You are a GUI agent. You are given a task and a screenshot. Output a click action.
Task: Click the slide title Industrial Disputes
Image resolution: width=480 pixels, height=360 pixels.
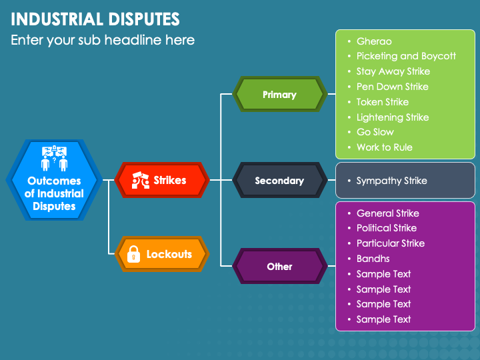click(x=95, y=19)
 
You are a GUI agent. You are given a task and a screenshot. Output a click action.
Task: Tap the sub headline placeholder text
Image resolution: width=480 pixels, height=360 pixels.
click(x=103, y=40)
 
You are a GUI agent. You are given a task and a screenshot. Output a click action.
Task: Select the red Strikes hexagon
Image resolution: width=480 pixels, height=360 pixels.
click(x=162, y=180)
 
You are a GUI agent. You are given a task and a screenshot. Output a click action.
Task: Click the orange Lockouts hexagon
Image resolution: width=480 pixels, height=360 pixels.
click(x=162, y=254)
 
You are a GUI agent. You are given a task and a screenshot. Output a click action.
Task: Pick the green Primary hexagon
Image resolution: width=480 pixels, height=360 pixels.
click(x=280, y=94)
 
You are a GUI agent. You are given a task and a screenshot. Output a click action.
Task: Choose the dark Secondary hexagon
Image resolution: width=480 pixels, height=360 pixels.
click(x=280, y=180)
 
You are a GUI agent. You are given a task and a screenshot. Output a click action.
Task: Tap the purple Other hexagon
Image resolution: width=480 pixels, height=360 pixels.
click(x=280, y=266)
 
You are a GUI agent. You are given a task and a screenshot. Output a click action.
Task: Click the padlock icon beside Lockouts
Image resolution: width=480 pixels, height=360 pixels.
click(x=133, y=254)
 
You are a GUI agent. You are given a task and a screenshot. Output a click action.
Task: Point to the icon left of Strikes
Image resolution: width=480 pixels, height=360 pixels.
click(x=140, y=180)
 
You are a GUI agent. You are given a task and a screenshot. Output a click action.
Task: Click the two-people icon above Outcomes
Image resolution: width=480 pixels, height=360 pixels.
click(x=54, y=158)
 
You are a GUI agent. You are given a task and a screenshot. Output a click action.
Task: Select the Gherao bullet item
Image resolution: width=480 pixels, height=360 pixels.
click(x=374, y=41)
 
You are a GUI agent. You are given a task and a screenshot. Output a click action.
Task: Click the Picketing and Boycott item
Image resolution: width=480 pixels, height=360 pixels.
click(x=406, y=56)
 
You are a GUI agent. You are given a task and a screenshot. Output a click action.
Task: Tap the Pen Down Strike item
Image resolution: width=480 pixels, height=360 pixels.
click(x=393, y=87)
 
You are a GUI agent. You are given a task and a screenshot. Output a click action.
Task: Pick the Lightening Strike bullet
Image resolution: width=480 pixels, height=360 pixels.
click(x=393, y=117)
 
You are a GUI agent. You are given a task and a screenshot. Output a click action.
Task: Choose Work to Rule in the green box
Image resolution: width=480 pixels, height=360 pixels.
click(x=385, y=147)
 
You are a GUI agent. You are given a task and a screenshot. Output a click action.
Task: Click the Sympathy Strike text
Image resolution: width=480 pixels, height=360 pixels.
click(x=391, y=181)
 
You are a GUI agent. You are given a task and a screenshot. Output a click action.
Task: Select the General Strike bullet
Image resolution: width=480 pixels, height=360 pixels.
click(x=388, y=213)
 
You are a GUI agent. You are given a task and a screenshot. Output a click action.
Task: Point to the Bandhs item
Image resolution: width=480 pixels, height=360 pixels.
click(x=373, y=259)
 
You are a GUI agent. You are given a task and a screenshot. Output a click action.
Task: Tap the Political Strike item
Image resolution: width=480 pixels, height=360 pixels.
click(x=387, y=228)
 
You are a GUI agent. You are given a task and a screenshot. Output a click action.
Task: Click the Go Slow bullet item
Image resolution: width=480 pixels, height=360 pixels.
click(x=375, y=132)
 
